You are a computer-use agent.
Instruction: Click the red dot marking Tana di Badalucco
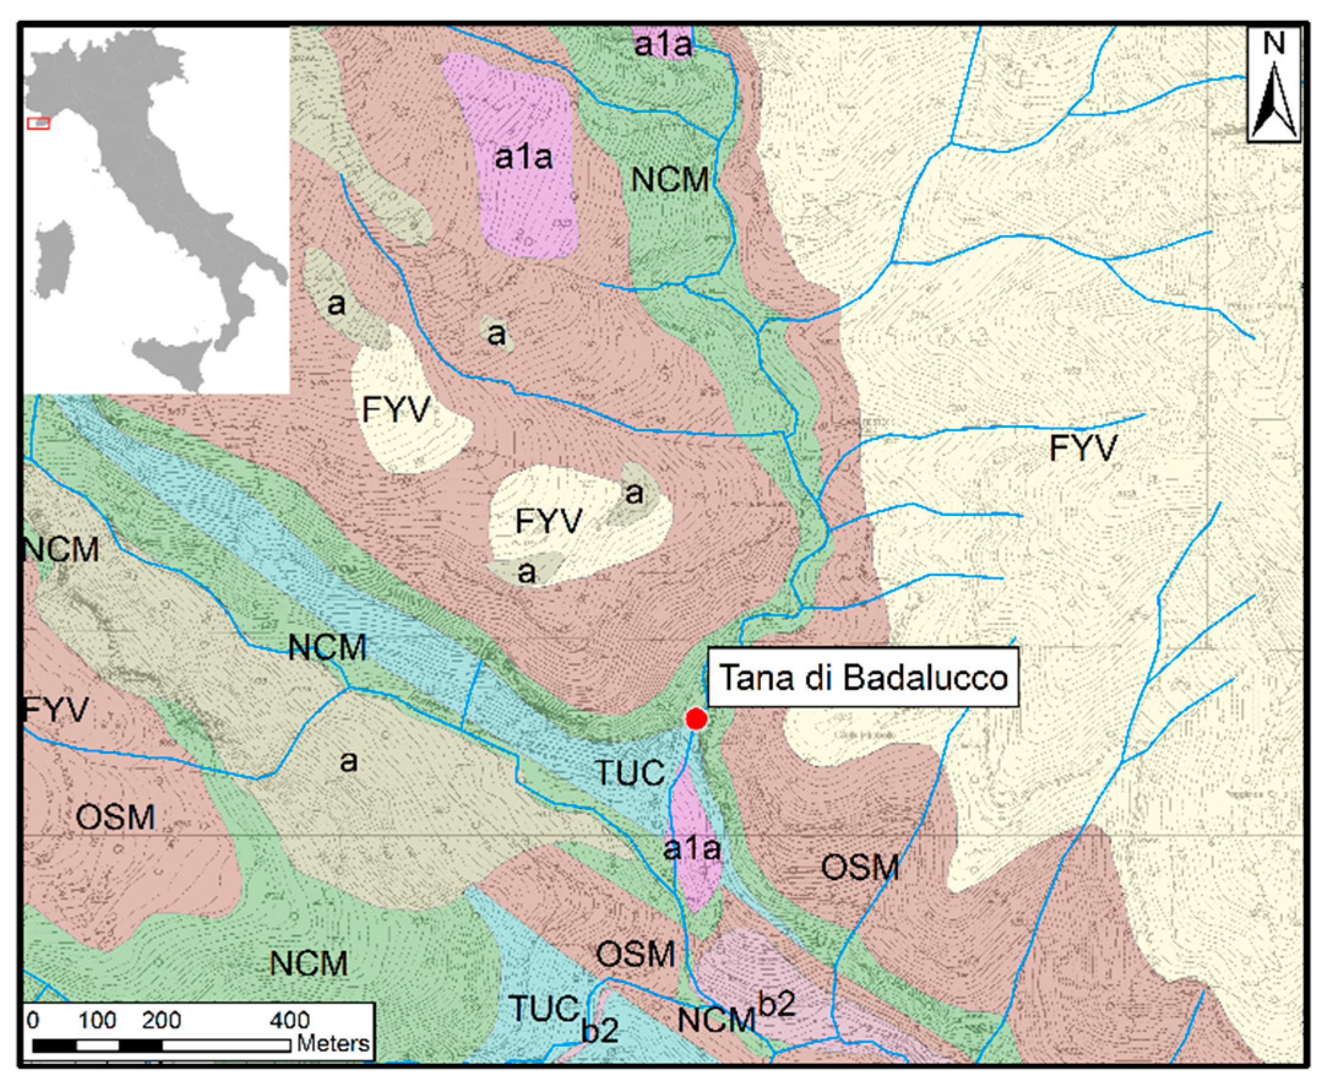click(x=696, y=719)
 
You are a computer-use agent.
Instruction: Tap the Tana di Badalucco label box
click(x=862, y=678)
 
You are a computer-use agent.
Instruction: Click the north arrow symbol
click(x=1273, y=85)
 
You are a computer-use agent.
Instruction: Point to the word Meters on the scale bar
click(x=333, y=1044)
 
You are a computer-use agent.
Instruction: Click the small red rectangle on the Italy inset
click(x=38, y=124)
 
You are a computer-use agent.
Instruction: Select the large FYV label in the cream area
click(x=1083, y=449)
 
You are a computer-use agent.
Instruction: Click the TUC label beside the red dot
click(x=630, y=772)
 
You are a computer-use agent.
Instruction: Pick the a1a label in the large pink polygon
click(x=523, y=157)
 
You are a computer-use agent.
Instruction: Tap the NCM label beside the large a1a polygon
click(x=670, y=180)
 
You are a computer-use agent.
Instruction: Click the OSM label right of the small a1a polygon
click(x=859, y=868)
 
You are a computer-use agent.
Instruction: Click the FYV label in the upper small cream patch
click(x=396, y=410)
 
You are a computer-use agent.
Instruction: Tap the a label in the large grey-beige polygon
click(x=349, y=762)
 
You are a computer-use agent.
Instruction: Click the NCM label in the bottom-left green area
click(x=309, y=963)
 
